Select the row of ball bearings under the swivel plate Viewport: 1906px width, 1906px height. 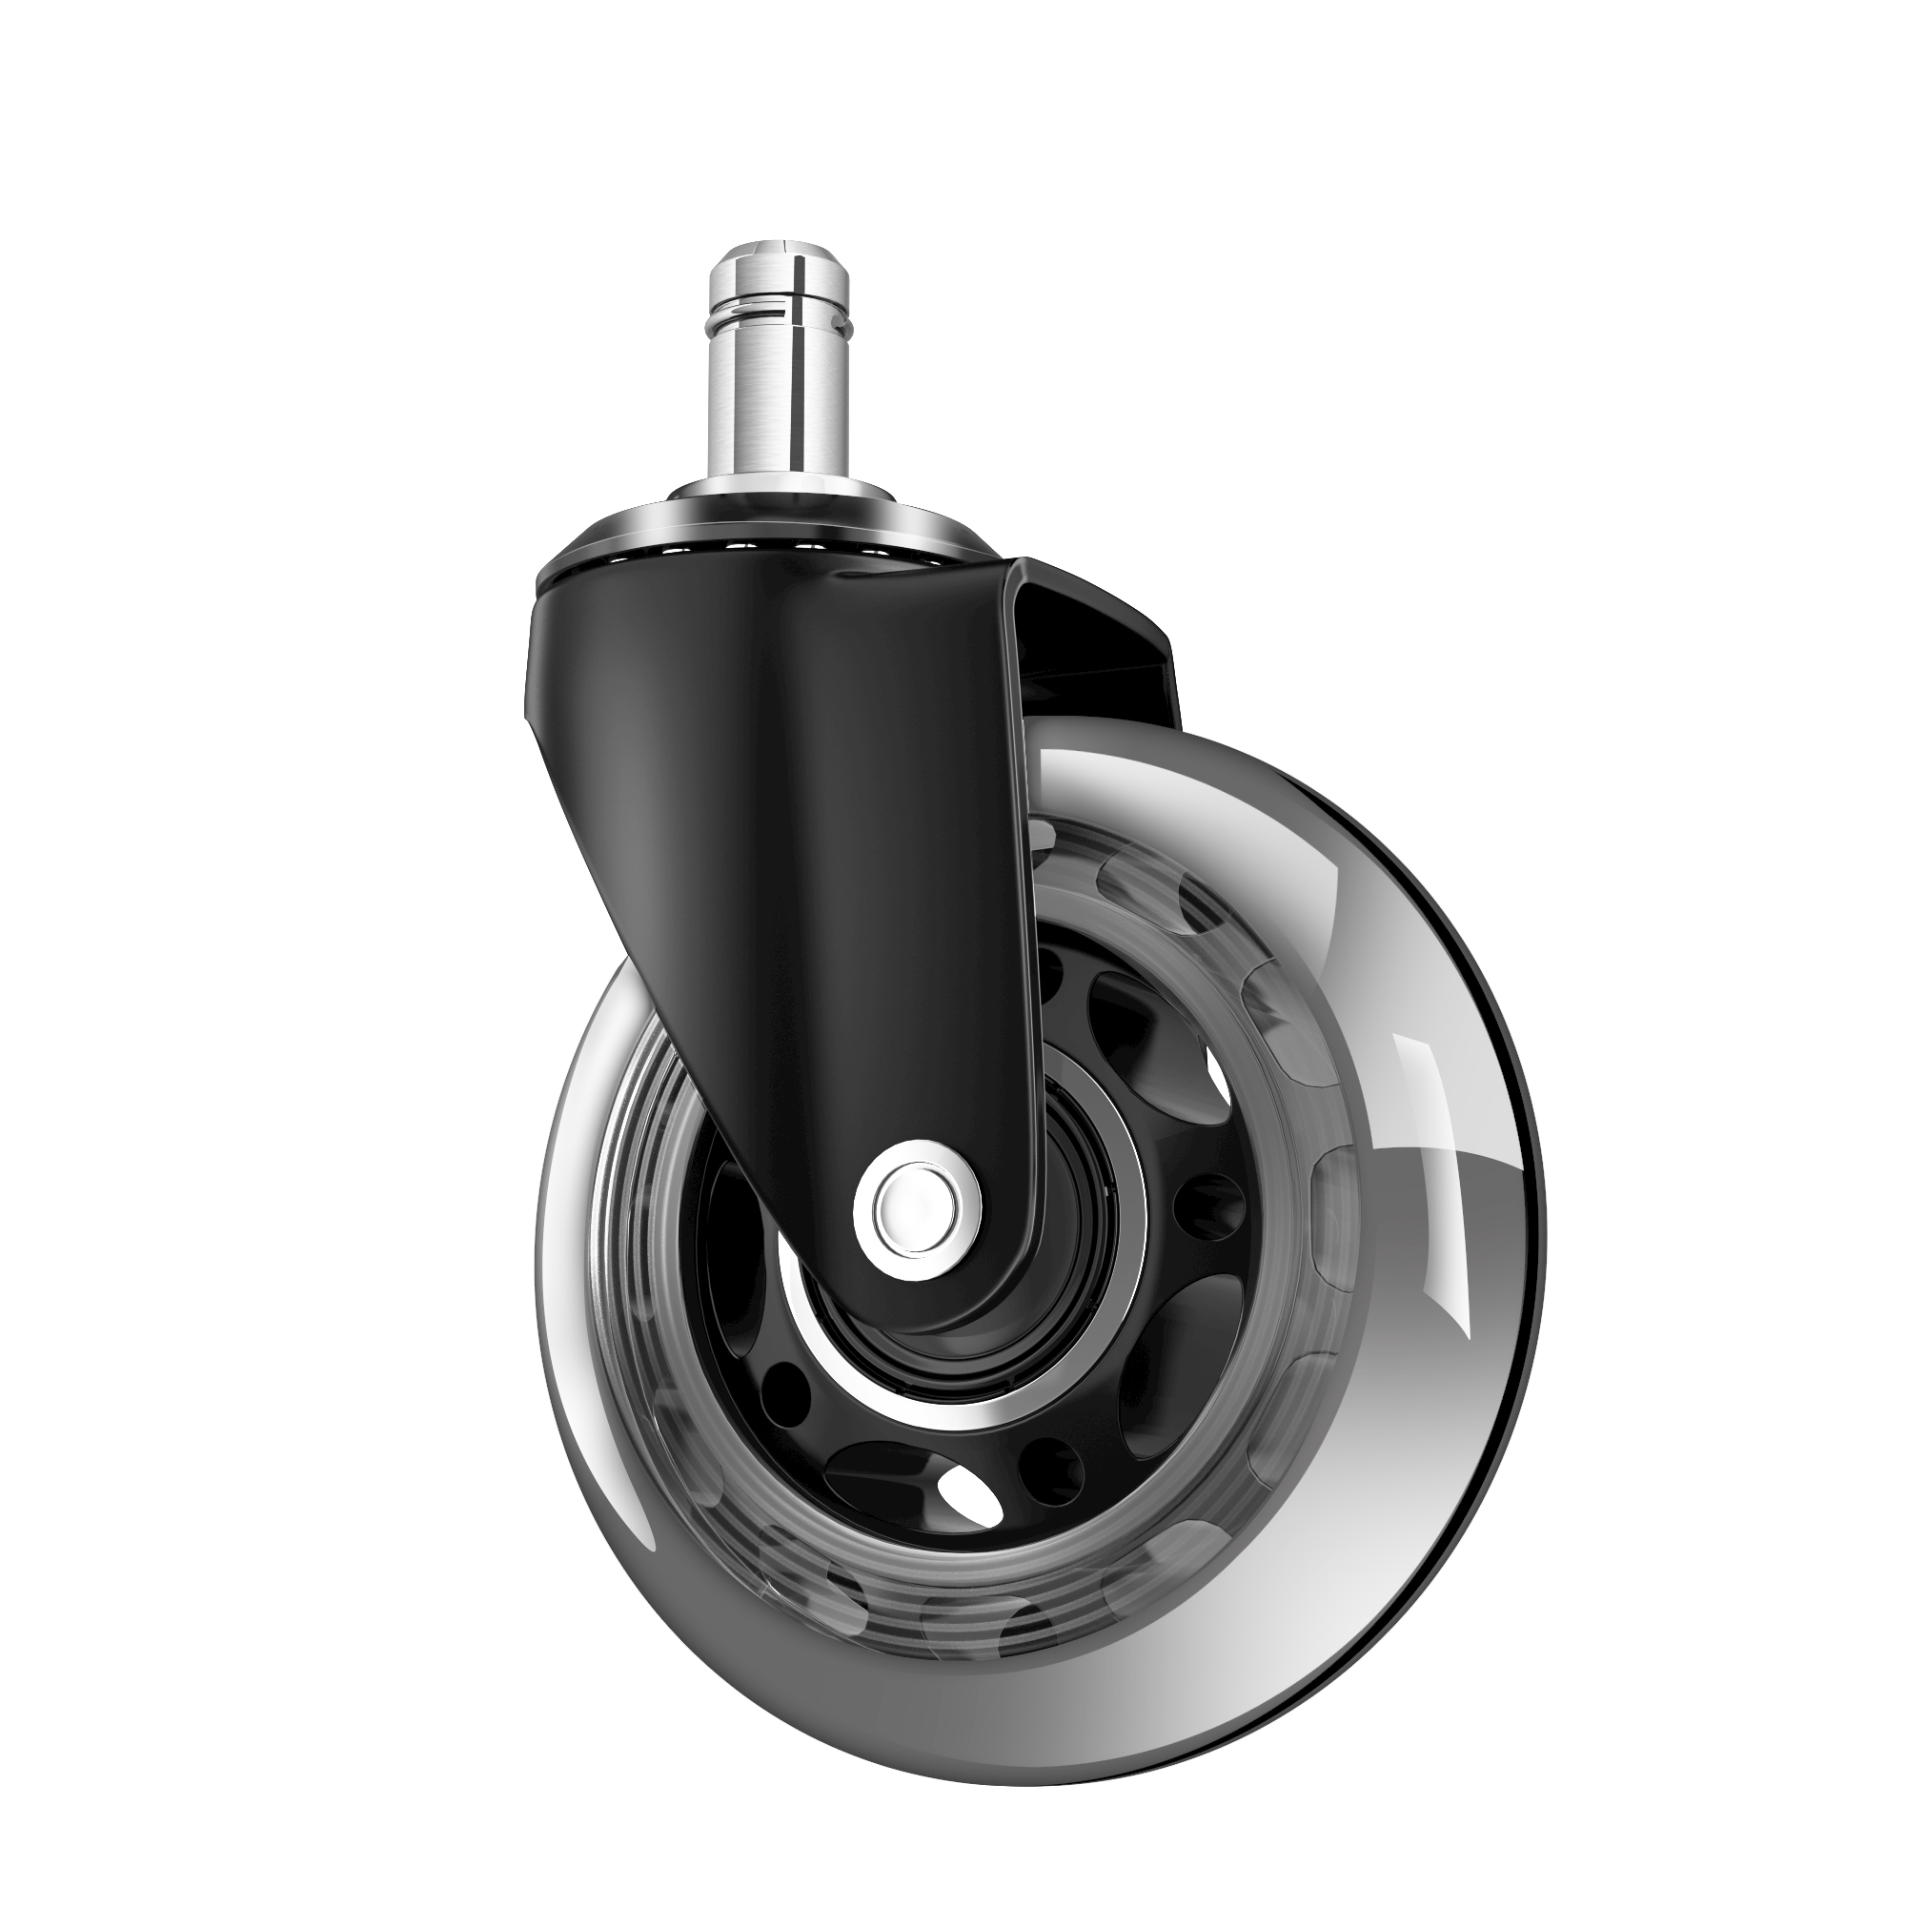[x=780, y=545]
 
